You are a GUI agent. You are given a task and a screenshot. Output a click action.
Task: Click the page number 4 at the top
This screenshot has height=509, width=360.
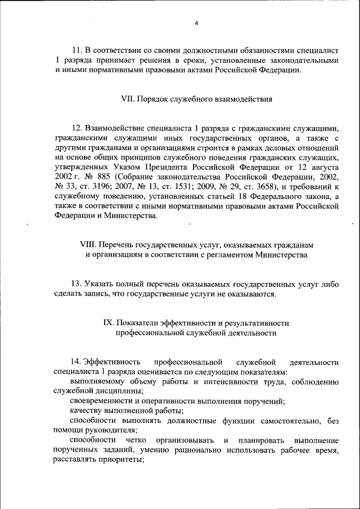[196, 23]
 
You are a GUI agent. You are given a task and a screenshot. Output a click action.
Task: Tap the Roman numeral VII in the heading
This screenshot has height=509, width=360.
[128, 99]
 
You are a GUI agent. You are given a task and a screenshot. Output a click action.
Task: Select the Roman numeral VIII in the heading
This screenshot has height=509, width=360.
[90, 245]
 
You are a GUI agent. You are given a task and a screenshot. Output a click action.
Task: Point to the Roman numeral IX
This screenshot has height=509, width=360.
[109, 323]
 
